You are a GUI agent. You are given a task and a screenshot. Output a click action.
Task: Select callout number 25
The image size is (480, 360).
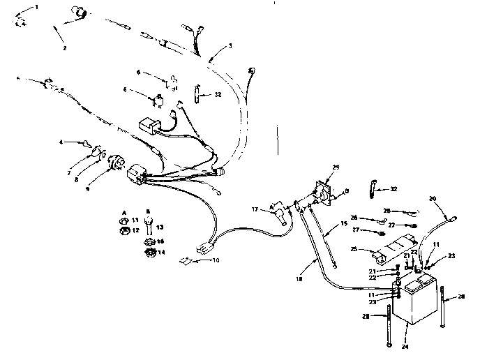(354, 248)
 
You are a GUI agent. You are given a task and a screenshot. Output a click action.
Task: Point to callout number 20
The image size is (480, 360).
(433, 198)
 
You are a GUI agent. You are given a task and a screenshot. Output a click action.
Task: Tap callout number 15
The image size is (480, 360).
(343, 223)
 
